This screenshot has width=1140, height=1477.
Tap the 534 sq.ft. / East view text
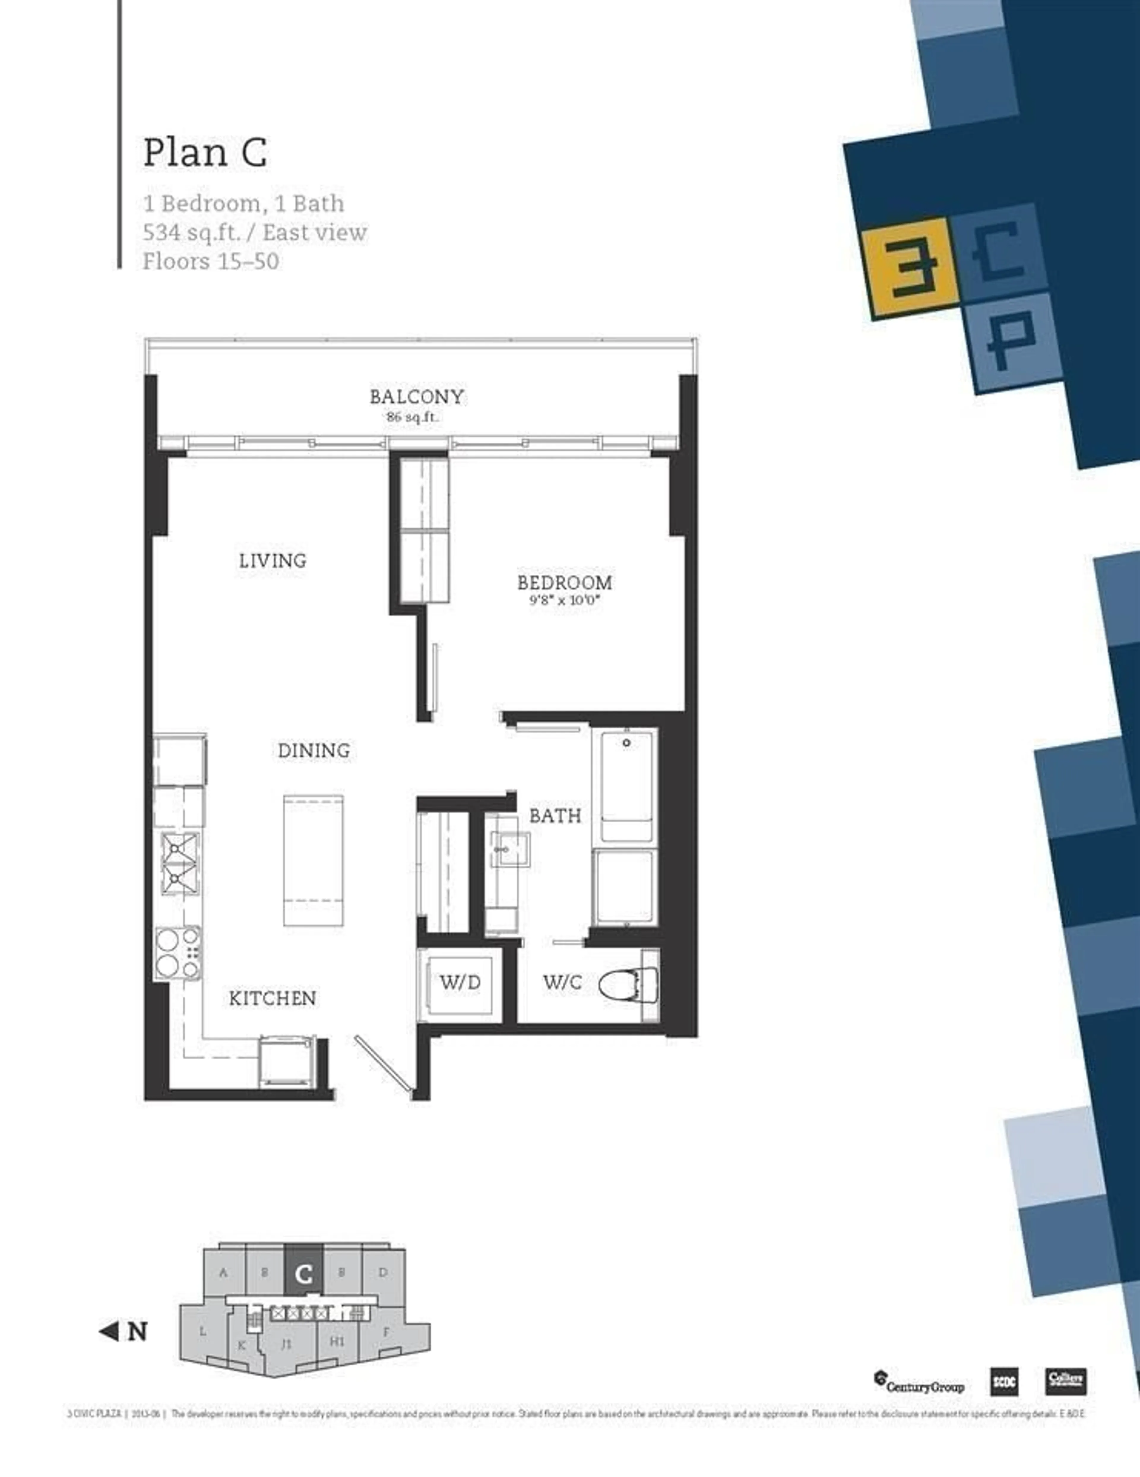pos(255,233)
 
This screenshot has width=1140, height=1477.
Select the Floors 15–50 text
pos(210,261)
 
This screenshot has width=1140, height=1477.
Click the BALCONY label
pos(417,396)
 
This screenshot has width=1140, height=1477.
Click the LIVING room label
pos(273,561)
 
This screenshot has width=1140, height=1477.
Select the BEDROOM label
pos(565,582)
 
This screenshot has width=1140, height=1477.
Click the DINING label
pos(314,750)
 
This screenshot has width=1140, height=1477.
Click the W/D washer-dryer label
pos(460,982)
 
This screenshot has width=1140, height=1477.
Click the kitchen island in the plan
pos(313,860)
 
